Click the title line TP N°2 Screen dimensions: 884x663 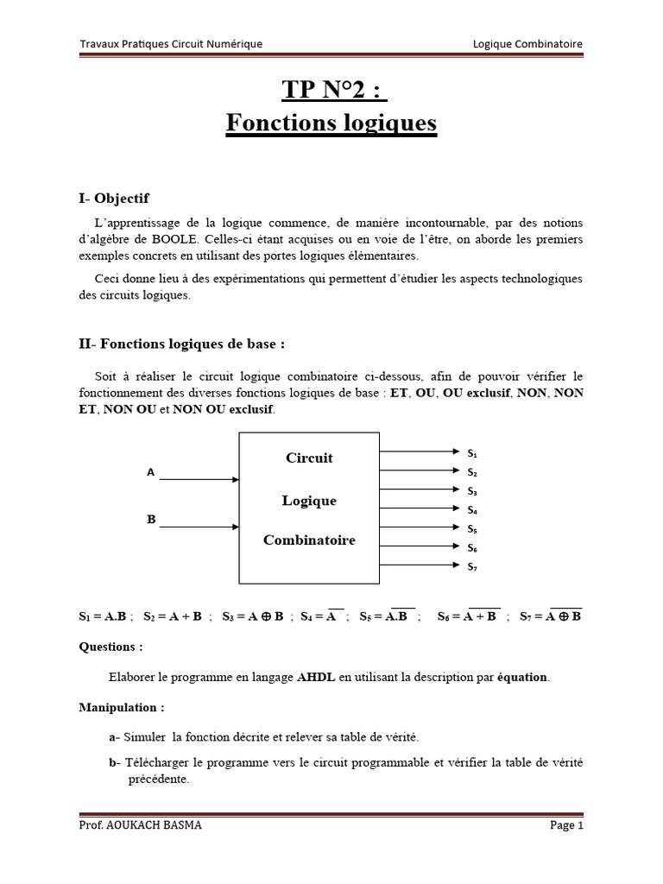331,89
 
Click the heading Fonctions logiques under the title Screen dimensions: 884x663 331,124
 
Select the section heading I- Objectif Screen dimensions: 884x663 114,199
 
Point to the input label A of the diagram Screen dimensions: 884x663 150,473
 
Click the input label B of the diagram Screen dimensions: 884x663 151,520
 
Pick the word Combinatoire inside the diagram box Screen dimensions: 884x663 309,540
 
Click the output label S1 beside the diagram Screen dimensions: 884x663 472,452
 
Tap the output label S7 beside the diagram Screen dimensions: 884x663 472,567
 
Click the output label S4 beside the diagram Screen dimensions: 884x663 472,510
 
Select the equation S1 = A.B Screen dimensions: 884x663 103,617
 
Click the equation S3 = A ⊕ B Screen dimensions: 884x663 253,617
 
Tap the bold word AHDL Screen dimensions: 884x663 316,677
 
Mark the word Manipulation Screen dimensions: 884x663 122,707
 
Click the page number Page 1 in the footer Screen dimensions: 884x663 566,825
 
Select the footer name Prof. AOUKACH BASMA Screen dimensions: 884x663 140,825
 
